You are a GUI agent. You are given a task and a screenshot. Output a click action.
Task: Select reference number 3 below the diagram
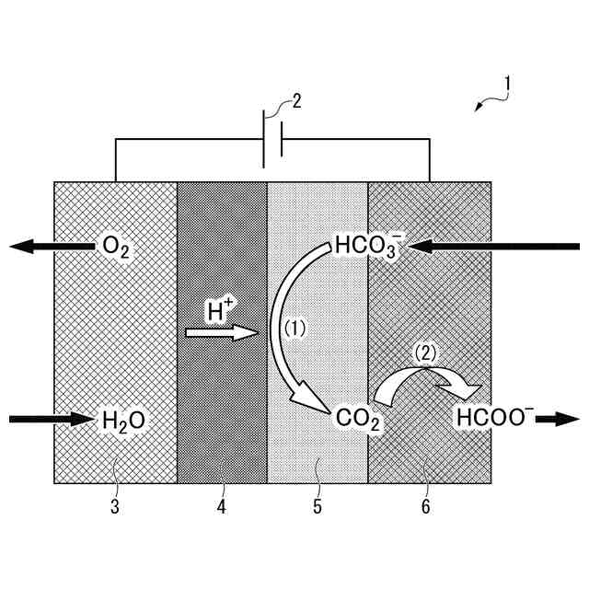tap(115, 505)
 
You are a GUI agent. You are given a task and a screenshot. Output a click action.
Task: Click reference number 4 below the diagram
tap(221, 505)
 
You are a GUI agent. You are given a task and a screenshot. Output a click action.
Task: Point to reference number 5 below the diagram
tap(317, 505)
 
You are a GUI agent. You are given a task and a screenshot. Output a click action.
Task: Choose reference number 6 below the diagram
tap(424, 505)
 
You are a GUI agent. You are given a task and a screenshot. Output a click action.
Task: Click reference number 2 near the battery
tap(295, 100)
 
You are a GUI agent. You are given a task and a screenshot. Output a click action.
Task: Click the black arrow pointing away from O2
tap(52, 247)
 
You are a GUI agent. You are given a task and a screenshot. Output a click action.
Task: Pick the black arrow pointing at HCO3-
tap(497, 247)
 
